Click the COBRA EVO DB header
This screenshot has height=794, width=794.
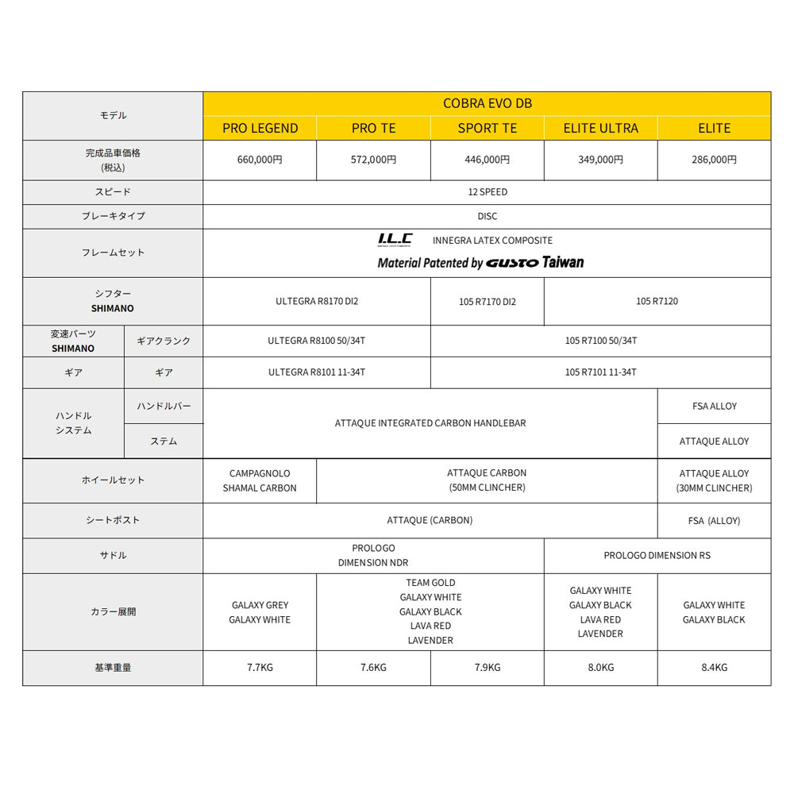click(x=487, y=103)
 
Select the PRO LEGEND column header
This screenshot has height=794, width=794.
click(x=260, y=128)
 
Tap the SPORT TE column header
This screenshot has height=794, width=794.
click(x=487, y=128)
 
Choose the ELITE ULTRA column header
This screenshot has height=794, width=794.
click(x=600, y=128)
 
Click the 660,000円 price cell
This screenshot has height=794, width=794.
click(x=260, y=160)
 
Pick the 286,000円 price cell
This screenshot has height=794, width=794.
click(x=714, y=160)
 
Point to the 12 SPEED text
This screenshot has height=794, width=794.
click(x=487, y=192)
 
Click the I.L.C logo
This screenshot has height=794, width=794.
click(x=395, y=240)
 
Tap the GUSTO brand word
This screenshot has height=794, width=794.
click(x=512, y=263)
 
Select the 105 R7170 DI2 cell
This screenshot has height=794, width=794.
click(x=487, y=302)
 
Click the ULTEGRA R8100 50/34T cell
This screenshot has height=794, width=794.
click(x=317, y=341)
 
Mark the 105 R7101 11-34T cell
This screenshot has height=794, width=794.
click(x=600, y=372)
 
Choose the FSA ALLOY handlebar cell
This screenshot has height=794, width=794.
click(x=714, y=406)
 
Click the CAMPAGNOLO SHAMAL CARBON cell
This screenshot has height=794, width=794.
click(x=260, y=480)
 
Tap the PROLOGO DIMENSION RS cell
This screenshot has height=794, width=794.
click(x=657, y=555)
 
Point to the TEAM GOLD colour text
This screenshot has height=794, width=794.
click(x=430, y=583)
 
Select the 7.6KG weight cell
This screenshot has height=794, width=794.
click(x=373, y=668)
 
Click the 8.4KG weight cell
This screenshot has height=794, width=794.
click(x=714, y=668)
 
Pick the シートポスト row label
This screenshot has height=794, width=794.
click(x=113, y=520)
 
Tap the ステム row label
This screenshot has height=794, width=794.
click(x=164, y=441)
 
